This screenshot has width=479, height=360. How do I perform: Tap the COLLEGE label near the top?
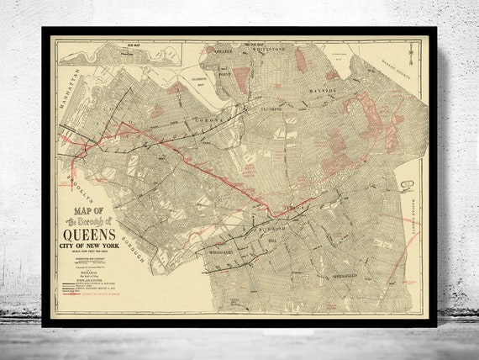tap(221, 49)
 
